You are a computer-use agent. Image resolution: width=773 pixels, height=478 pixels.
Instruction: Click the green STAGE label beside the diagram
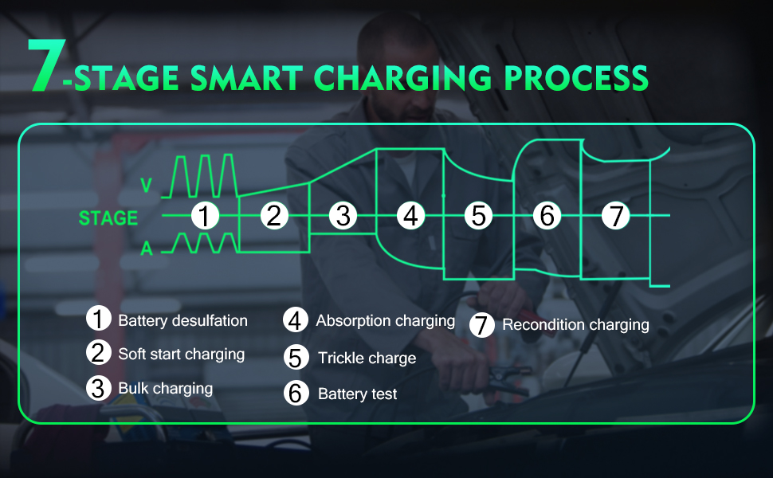(108, 218)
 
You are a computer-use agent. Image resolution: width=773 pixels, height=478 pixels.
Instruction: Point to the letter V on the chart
(146, 186)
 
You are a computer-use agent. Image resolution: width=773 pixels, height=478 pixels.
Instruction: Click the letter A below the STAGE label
(147, 249)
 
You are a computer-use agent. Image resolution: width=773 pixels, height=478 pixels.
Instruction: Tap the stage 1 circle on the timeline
(206, 216)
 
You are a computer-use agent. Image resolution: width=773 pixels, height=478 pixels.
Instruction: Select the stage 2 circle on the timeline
(274, 216)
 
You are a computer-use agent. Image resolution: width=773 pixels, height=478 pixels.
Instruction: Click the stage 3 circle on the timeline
(343, 216)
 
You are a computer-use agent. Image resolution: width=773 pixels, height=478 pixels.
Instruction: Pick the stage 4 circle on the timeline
(410, 216)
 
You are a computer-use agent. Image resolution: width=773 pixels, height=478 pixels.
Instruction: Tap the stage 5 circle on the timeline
(478, 216)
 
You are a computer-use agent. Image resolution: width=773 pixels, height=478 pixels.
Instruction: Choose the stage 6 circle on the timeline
(547, 216)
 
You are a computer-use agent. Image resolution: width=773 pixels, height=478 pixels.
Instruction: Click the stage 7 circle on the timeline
(615, 216)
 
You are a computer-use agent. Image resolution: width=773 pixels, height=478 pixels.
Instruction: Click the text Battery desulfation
(182, 321)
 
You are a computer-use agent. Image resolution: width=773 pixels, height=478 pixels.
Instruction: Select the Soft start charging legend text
(181, 354)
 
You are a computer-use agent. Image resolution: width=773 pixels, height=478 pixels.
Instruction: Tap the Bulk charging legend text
(165, 389)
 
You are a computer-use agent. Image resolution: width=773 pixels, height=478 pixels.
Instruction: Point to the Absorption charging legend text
(385, 321)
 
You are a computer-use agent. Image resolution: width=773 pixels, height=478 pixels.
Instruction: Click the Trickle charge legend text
(367, 358)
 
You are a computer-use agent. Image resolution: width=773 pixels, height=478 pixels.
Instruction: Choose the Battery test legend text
(357, 394)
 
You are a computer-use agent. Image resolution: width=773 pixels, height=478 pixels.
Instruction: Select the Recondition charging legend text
(575, 325)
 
